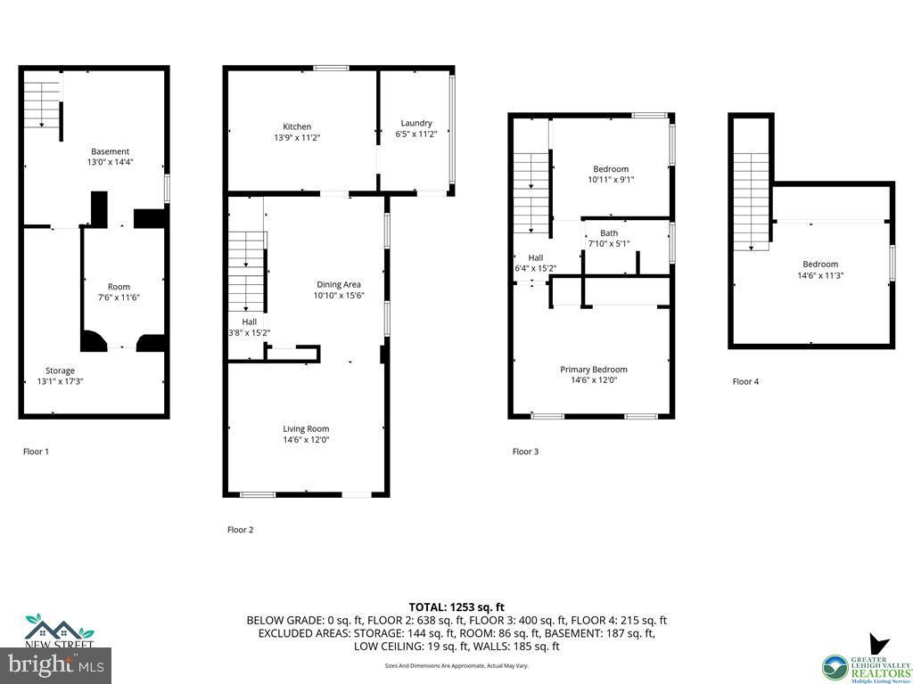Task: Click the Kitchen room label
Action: click(x=297, y=126)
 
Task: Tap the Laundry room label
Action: click(x=416, y=123)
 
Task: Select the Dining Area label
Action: click(x=339, y=284)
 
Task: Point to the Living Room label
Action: click(x=306, y=428)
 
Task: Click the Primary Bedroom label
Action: click(x=593, y=370)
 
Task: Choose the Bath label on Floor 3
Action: click(x=609, y=233)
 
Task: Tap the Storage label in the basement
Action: click(x=61, y=370)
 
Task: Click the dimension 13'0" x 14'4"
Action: click(x=110, y=163)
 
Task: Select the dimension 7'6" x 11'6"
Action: click(x=119, y=298)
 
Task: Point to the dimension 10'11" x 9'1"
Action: click(x=611, y=180)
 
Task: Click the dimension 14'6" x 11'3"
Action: click(x=819, y=275)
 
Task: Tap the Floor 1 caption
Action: click(x=36, y=452)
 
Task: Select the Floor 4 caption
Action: click(x=745, y=381)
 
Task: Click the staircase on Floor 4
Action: click(x=752, y=200)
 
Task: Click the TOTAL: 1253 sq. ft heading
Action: click(x=456, y=607)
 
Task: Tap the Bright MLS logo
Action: click(x=56, y=664)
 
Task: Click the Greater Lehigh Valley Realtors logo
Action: click(x=867, y=659)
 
